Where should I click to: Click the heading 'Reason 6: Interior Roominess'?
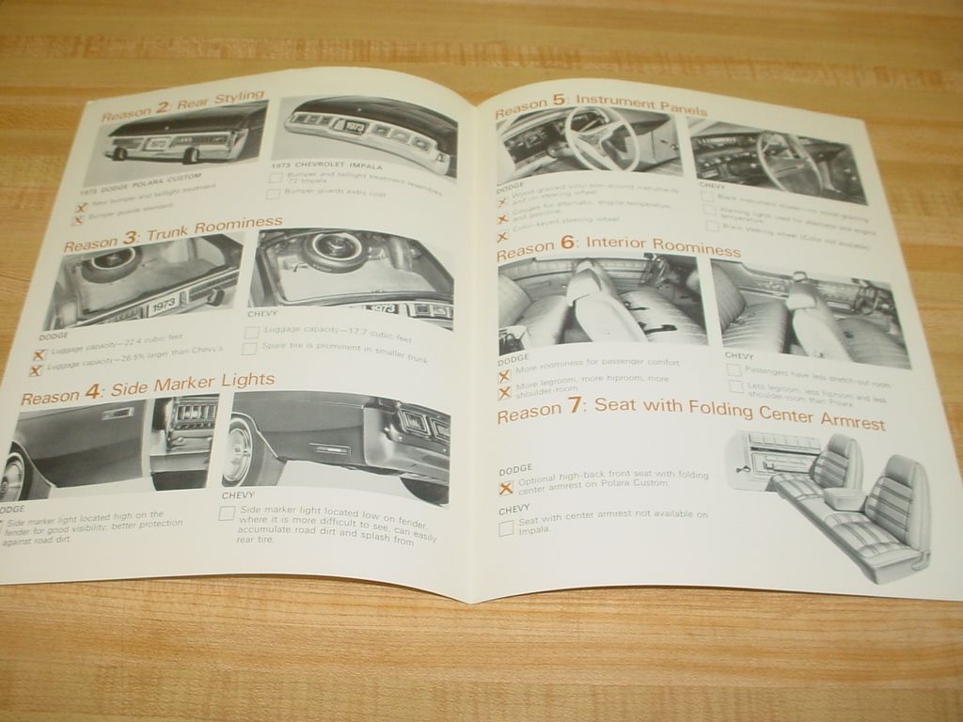(618, 246)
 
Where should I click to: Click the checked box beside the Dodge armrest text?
(506, 487)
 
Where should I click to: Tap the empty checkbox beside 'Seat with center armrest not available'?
(506, 527)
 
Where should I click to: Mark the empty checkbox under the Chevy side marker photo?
(227, 512)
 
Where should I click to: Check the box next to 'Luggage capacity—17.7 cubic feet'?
(251, 331)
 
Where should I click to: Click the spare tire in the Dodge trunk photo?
(103, 263)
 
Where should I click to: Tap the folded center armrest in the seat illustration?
(847, 497)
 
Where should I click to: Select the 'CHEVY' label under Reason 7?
(513, 509)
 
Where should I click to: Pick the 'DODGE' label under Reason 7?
(515, 467)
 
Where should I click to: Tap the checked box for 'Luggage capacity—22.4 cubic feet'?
(39, 354)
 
